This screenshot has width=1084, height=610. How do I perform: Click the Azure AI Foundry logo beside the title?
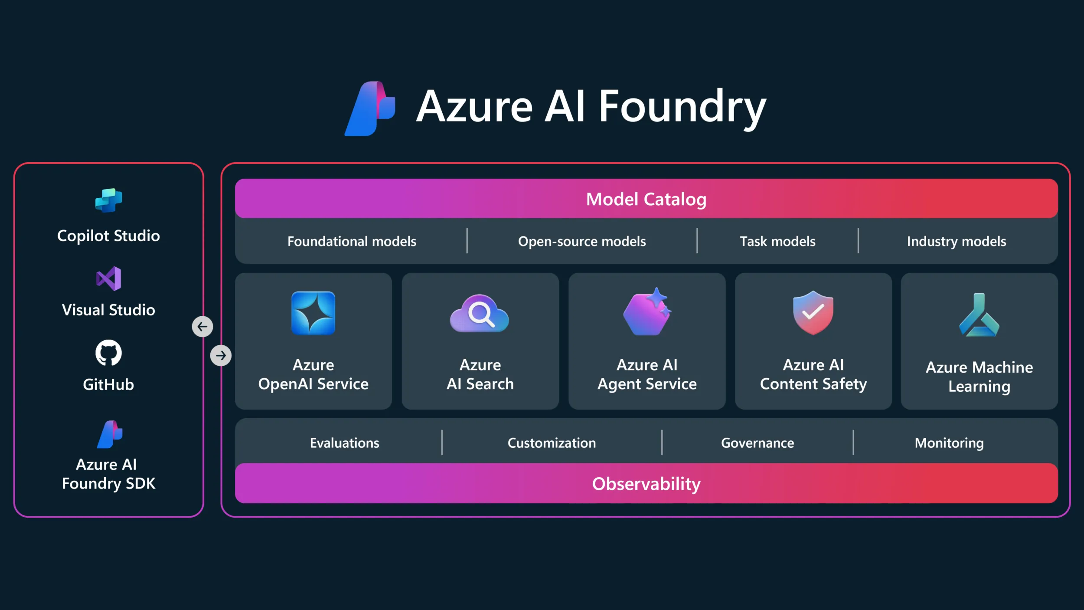370,108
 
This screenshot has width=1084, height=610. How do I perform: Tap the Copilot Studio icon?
108,200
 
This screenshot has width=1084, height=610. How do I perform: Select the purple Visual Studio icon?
108,279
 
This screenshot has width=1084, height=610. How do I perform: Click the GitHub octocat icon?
108,353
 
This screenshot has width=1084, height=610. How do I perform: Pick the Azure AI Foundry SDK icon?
110,434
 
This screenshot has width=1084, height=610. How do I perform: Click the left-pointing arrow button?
202,327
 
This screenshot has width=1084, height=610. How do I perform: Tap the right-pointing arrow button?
221,356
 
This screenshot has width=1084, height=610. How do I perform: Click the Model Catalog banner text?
646,199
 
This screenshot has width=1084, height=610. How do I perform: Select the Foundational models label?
352,241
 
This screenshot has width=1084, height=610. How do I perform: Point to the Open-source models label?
582,241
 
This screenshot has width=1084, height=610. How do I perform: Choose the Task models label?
777,241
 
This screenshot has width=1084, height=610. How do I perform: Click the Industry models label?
957,241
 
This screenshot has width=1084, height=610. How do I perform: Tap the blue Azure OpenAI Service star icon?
313,313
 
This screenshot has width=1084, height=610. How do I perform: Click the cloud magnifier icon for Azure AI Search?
480,314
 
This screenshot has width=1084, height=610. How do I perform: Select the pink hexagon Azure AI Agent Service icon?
647,312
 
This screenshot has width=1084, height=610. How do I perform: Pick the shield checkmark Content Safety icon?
813,312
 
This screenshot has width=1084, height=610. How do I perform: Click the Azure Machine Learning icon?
979,316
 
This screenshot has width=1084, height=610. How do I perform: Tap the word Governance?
757,443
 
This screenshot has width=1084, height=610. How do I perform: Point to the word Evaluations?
344,443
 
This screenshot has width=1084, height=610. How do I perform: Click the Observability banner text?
646,484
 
